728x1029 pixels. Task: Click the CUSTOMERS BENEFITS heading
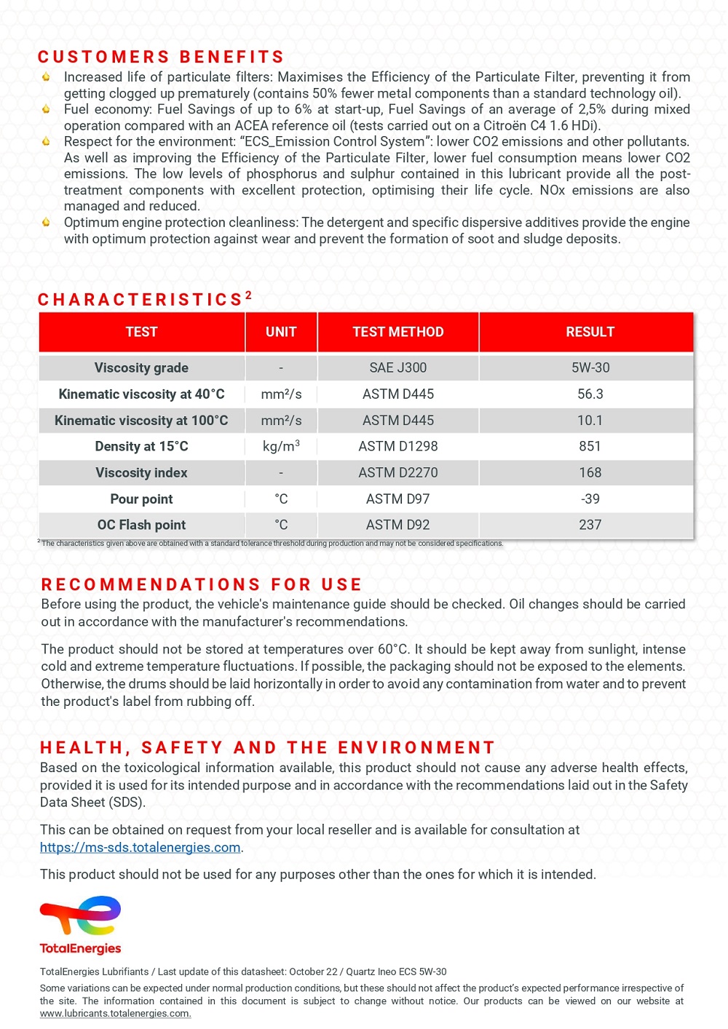(161, 57)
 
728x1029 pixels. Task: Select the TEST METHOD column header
(397, 333)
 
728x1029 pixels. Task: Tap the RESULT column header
(590, 333)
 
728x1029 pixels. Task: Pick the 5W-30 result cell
(590, 368)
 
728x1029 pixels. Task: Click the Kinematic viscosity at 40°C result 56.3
(590, 394)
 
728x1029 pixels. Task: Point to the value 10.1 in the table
(590, 421)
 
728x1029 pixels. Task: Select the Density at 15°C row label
(141, 447)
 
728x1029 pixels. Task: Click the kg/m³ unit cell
(281, 447)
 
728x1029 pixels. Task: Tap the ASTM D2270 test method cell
(397, 473)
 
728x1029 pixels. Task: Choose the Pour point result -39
(590, 499)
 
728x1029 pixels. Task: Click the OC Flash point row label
(141, 525)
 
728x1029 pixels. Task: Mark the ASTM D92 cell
(397, 525)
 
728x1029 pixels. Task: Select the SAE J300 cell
(397, 368)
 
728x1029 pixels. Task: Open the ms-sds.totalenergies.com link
(141, 848)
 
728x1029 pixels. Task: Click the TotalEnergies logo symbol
(81, 915)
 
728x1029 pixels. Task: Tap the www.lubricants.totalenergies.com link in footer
(115, 1014)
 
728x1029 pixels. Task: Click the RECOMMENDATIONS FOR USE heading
(202, 585)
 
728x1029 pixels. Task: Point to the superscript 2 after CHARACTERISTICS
(248, 295)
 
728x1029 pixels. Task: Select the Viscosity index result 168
(590, 473)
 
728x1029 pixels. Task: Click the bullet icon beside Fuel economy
(46, 109)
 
